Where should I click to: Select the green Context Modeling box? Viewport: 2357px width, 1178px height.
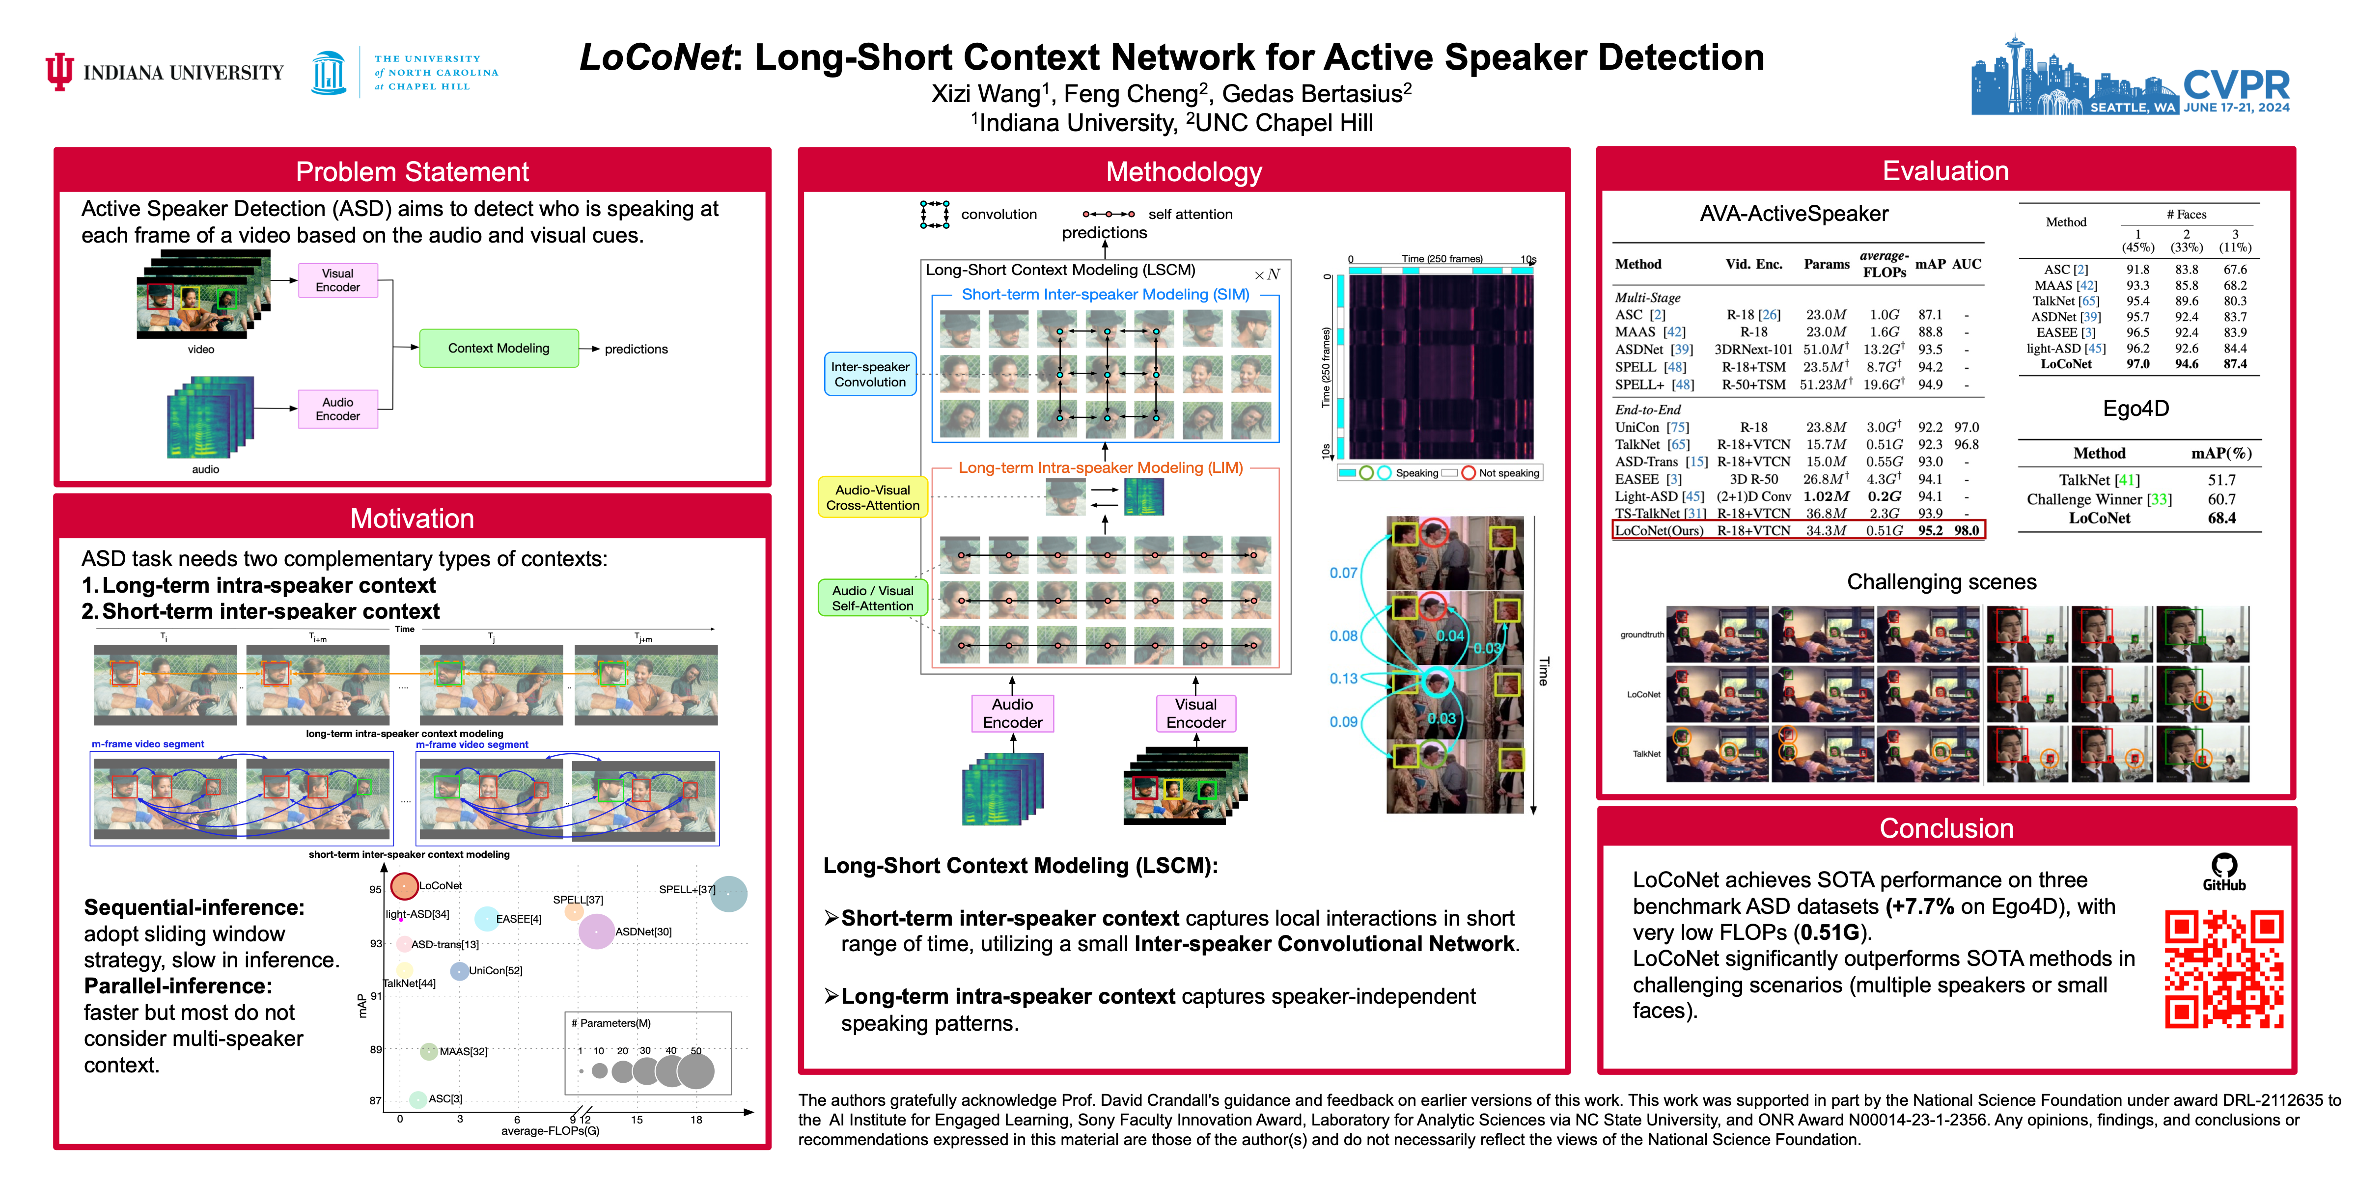499,349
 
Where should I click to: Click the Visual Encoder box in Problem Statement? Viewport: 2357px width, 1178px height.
337,280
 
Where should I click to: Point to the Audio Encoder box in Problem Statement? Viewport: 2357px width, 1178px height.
337,409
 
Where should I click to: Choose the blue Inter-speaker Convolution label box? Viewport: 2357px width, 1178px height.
870,374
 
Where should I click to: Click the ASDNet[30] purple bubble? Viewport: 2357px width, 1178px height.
597,931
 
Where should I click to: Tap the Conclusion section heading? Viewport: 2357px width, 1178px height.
1946,828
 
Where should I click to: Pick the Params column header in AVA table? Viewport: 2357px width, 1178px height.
1826,264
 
